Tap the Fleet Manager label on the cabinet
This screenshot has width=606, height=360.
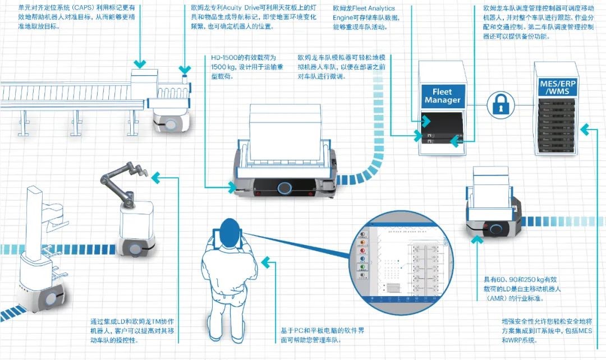(442, 96)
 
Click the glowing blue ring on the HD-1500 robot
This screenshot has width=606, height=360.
(286, 187)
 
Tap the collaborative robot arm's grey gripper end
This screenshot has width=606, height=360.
(105, 179)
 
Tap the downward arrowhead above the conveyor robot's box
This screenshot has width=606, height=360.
(139, 63)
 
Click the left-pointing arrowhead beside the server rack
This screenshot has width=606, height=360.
(585, 130)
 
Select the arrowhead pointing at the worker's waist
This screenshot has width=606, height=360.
(268, 262)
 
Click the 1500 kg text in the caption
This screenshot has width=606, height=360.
(223, 67)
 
